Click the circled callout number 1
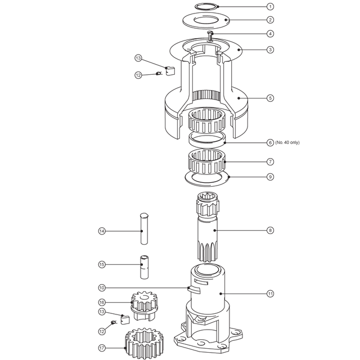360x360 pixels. tap(270, 6)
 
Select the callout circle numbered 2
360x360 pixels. tap(270, 20)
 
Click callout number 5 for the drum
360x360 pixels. tap(270, 98)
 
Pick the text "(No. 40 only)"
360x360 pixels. tap(287, 142)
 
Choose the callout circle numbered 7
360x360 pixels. tap(270, 161)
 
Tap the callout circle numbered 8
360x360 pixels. tap(270, 230)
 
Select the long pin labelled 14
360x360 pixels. tap(144, 229)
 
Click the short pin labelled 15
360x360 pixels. tap(144, 267)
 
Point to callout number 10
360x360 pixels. tap(102, 287)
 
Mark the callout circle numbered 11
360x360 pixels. tap(270, 294)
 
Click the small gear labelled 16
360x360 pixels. tap(145, 305)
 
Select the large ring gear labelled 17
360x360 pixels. tap(145, 343)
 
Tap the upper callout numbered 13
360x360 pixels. tap(138, 58)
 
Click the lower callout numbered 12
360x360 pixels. tap(102, 331)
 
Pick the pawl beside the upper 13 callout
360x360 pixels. tap(170, 71)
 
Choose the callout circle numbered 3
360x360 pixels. tap(270, 49)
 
